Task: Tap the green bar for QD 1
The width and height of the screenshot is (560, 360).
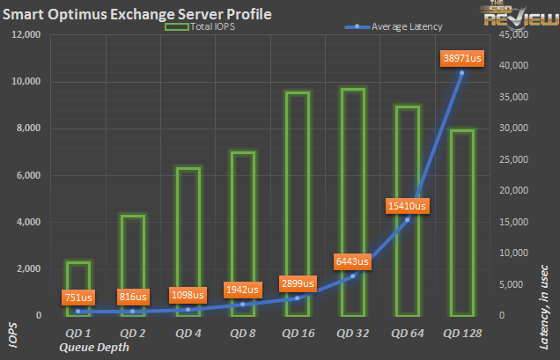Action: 77,282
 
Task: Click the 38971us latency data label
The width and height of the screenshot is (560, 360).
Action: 461,58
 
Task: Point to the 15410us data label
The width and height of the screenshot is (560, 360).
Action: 406,206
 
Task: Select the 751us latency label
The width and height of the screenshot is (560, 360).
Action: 77,298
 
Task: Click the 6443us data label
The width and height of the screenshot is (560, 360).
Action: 352,261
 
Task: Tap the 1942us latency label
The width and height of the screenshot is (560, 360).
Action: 241,289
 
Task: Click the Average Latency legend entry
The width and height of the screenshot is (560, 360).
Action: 395,28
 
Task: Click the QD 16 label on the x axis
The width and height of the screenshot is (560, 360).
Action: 297,334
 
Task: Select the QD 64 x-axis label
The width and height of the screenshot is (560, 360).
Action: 406,334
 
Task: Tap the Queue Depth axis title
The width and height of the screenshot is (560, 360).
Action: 94,347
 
